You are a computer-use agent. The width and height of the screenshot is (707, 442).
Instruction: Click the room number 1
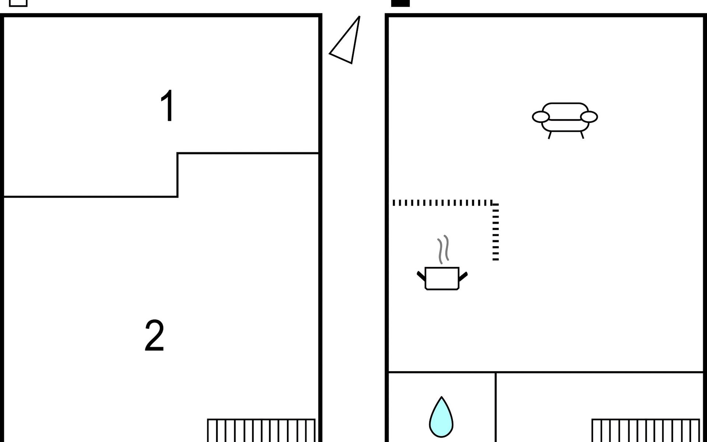point(168,106)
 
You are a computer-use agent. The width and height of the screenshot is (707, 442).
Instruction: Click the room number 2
point(154,336)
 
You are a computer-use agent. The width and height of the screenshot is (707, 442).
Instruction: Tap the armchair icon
point(565,120)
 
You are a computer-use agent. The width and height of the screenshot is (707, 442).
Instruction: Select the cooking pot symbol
point(442,278)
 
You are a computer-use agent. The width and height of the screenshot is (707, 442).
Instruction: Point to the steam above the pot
point(443,249)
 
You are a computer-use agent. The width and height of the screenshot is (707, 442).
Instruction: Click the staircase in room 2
point(261,430)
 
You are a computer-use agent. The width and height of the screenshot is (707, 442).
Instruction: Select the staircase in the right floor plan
point(646,430)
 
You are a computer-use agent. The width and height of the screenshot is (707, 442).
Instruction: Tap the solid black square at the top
point(400,3)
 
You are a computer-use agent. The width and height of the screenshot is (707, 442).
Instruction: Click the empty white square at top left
point(18,3)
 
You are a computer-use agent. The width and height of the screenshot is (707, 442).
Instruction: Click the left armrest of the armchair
point(541,117)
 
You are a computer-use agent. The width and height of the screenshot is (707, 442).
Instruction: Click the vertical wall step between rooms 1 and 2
point(177,175)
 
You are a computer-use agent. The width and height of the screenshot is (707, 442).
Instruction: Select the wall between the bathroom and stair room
point(496,407)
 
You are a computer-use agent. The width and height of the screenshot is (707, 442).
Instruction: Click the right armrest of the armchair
point(589,117)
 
